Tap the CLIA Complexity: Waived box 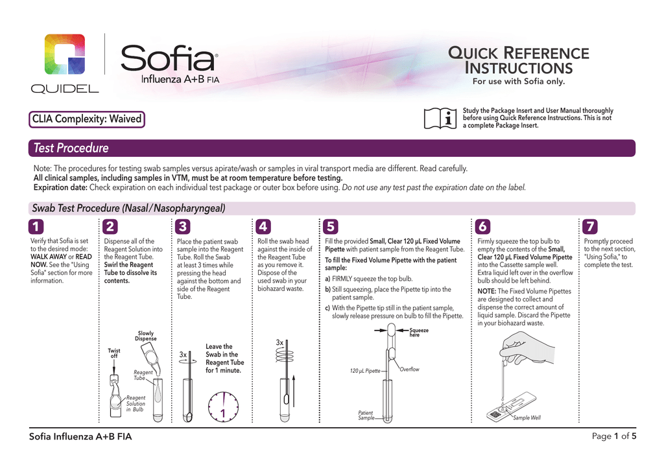(x=86, y=119)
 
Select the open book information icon (x=440, y=118)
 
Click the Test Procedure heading (x=71, y=148)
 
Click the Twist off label (x=114, y=353)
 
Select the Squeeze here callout (x=419, y=332)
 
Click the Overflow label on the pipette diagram (x=410, y=370)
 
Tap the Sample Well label (x=527, y=418)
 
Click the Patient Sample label (x=366, y=416)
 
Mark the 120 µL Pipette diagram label (x=364, y=371)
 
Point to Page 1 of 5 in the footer (x=613, y=436)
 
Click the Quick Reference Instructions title (x=518, y=60)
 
